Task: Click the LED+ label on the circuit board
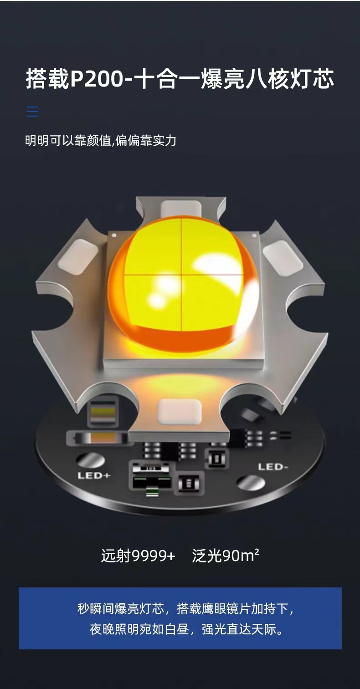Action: tap(94, 475)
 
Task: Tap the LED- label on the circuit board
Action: tap(273, 467)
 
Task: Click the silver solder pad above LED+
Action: tap(90, 460)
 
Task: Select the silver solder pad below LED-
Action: tap(251, 482)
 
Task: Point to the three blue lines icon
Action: tap(33, 112)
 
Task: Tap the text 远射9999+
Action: tap(138, 556)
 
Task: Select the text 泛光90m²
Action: tap(226, 556)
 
